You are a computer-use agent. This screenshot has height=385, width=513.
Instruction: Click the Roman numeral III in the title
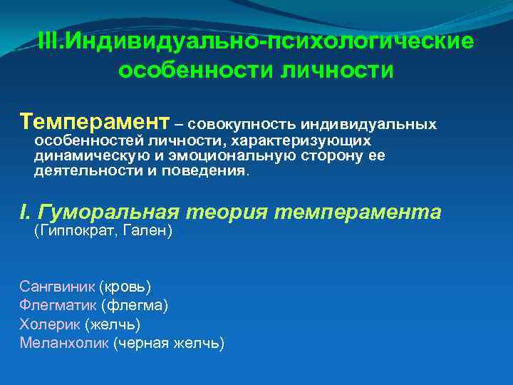(x=47, y=41)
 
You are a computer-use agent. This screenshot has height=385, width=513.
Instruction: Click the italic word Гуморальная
(x=112, y=212)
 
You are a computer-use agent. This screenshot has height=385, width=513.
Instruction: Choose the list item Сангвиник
(x=56, y=287)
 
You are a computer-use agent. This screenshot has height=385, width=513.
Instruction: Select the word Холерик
(x=50, y=324)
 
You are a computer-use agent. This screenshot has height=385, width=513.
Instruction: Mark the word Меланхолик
(x=63, y=343)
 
